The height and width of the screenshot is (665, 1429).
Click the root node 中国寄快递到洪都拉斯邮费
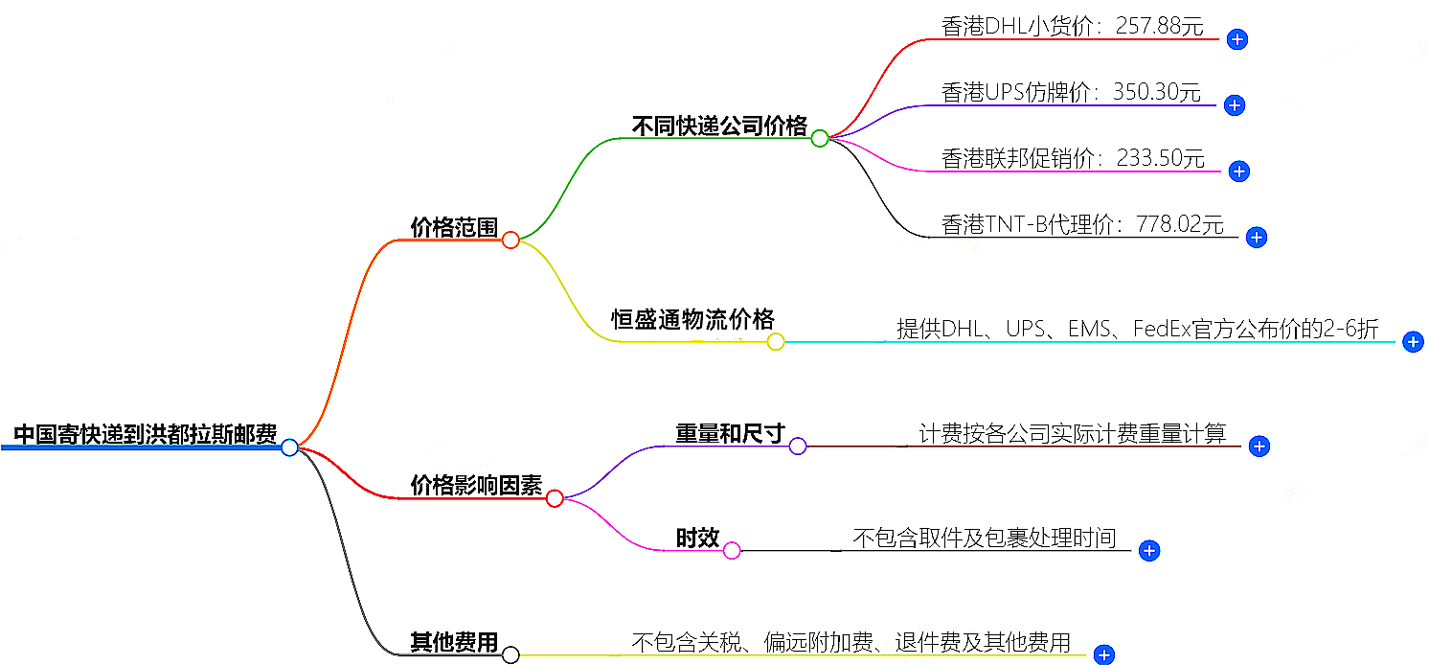coord(145,435)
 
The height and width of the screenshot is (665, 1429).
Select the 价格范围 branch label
coord(454,228)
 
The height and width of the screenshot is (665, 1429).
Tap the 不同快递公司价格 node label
coord(719,126)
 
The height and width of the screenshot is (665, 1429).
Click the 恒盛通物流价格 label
coord(692,320)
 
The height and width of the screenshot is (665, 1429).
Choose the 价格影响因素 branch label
coord(476,486)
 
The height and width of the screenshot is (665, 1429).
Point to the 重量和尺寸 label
coord(730,434)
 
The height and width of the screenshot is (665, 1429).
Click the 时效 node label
coord(697,539)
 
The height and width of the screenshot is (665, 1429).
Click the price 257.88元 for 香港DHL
coord(1158,27)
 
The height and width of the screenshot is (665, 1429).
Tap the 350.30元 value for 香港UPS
coord(1156,92)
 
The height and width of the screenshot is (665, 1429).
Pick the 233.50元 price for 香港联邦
coord(1160,158)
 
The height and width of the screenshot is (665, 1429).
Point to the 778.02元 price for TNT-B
coord(1180,225)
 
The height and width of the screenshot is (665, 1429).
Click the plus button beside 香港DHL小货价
coord(1237,39)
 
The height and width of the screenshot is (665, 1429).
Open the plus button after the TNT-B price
coord(1258,238)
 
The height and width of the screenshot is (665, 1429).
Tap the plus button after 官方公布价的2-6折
coord(1413,342)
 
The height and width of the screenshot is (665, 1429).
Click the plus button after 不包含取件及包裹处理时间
coord(1150,551)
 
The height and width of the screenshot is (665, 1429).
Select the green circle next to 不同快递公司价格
coord(819,138)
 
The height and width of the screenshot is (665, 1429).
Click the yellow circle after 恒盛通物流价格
coord(776,342)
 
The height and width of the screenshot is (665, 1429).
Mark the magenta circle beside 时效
coord(732,551)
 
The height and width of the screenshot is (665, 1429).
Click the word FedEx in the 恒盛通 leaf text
coord(1161,330)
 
